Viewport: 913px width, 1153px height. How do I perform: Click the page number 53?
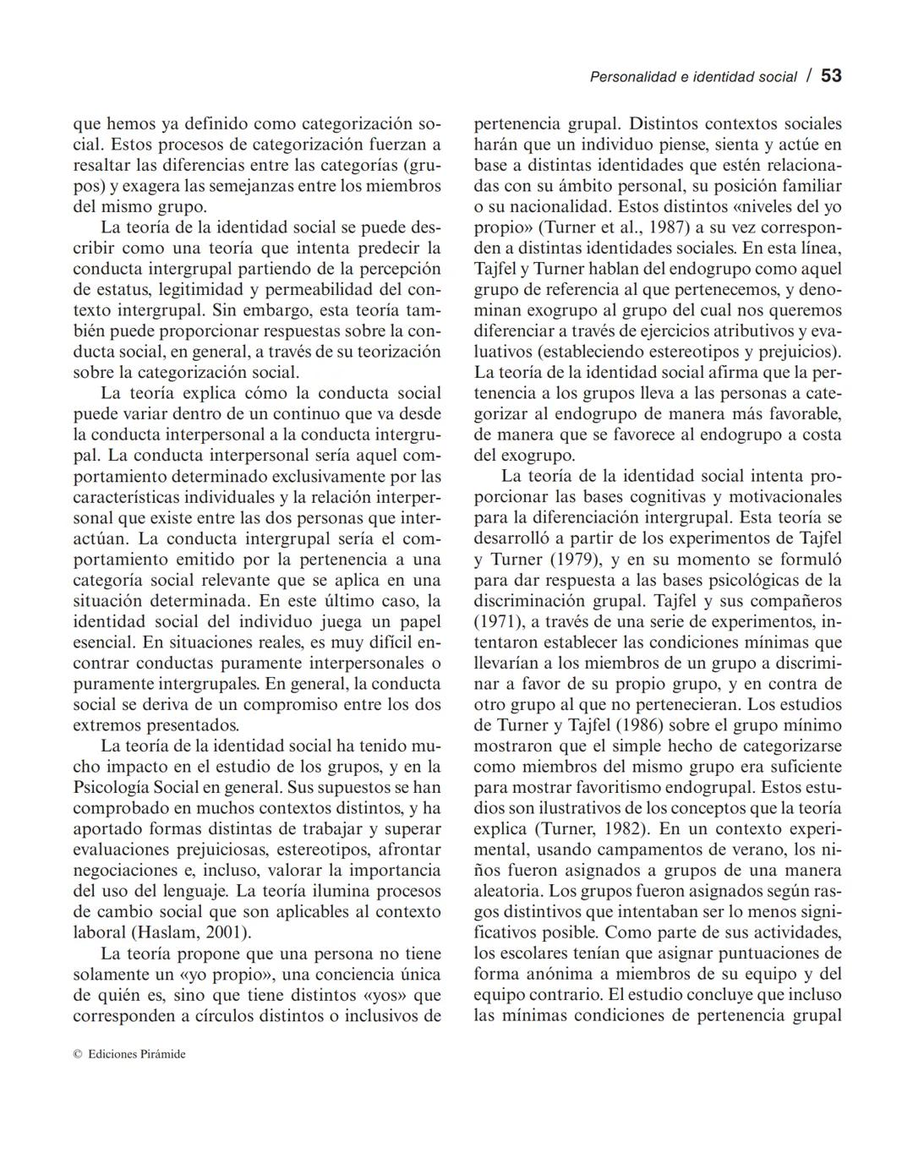tap(831, 76)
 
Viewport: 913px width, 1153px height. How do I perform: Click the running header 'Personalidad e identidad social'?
tap(692, 77)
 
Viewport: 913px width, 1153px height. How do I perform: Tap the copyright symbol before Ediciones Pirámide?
tap(77, 1054)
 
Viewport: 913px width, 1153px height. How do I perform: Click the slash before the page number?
tap(809, 76)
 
